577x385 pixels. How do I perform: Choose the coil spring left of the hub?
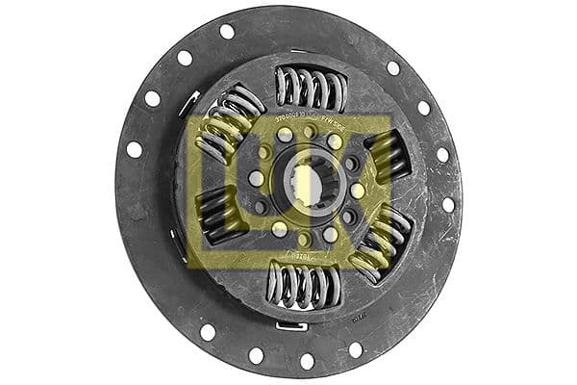point(219,214)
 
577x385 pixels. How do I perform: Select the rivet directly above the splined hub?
point(308,132)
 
